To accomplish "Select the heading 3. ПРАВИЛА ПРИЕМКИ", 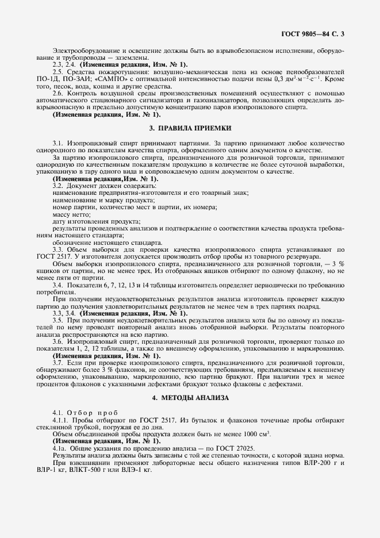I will pos(190,128).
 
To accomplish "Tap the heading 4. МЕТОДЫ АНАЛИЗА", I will pos(190,397).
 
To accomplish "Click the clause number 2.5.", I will pos(58,71).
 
